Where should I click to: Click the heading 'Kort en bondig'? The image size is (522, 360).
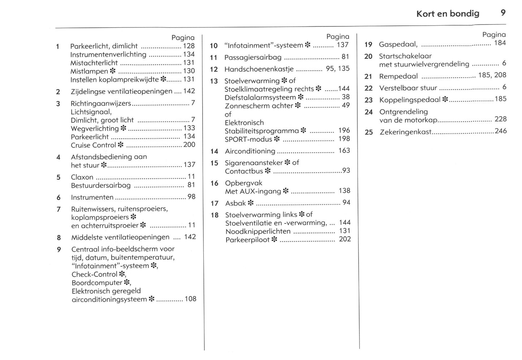click(x=448, y=14)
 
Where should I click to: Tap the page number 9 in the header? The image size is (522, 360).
click(x=503, y=13)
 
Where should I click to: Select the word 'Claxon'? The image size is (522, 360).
click(x=82, y=177)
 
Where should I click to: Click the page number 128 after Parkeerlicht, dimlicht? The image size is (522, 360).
click(x=189, y=46)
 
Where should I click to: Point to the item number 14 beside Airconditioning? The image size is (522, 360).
click(x=214, y=151)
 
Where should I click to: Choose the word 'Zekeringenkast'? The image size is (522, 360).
click(x=406, y=132)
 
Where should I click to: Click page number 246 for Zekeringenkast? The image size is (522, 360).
click(x=501, y=131)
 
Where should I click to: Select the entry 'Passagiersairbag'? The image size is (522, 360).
click(x=253, y=57)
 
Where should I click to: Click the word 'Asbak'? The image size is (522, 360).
click(x=235, y=203)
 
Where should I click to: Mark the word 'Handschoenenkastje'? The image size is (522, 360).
click(x=259, y=69)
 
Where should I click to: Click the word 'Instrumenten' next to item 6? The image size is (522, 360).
click(x=92, y=198)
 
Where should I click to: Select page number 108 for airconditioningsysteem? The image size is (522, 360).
click(x=190, y=299)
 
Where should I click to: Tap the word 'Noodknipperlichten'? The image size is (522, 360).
click(x=258, y=231)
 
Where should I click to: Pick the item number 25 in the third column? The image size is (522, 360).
click(x=368, y=132)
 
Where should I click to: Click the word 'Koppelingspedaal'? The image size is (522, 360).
click(x=410, y=100)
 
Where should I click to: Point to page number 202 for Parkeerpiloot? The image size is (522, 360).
click(x=345, y=239)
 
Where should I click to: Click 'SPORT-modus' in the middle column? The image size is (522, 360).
click(x=248, y=139)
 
